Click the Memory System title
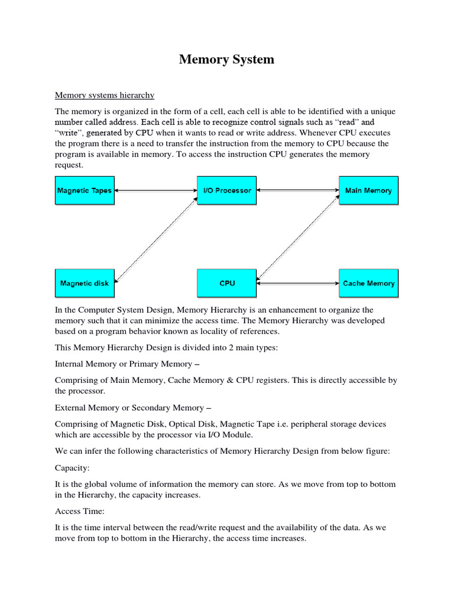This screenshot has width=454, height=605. pos(226,60)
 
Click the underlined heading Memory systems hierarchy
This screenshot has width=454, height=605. pos(105,95)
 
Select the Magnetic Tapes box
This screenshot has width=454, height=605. pos(84,191)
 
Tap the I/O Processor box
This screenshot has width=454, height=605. pos(227,191)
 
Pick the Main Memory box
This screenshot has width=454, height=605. pos(368,191)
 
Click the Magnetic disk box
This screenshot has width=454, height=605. pos(85,283)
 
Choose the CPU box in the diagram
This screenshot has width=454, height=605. pos(227,283)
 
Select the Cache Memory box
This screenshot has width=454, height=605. pos(368,283)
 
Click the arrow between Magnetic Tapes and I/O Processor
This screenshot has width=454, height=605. pos(155,190)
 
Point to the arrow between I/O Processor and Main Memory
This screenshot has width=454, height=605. pos(297,190)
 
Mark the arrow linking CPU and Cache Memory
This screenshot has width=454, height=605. pos(297,284)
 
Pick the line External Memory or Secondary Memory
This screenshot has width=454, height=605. pos(133,408)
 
